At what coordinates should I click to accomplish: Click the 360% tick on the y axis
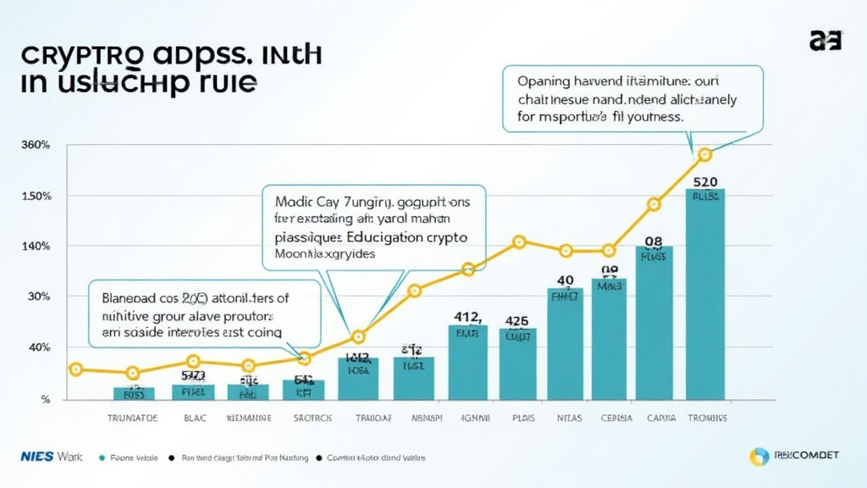(36, 146)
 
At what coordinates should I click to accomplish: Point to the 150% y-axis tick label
(36, 197)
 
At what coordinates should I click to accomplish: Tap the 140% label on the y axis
(36, 247)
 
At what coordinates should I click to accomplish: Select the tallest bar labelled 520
(705, 297)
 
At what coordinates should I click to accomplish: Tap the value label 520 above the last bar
(705, 181)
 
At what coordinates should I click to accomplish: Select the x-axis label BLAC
(195, 419)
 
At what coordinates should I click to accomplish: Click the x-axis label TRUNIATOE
(133, 419)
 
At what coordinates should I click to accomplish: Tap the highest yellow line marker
(704, 154)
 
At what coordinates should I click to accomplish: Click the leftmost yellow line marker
(76, 369)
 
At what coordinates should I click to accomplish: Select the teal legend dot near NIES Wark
(101, 457)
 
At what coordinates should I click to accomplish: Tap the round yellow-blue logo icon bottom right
(759, 457)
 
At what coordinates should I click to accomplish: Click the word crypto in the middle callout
(444, 239)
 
